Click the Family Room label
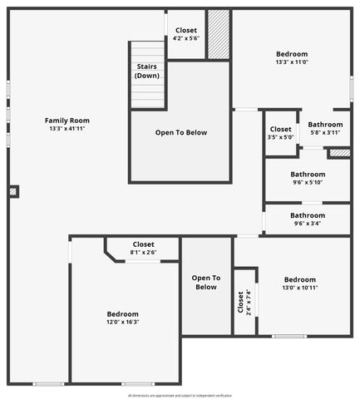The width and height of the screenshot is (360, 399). pos(67,121)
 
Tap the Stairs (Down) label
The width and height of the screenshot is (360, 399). pos(146,71)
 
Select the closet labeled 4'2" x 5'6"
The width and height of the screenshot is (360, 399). pos(185,35)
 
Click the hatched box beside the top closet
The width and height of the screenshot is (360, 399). pos(218,34)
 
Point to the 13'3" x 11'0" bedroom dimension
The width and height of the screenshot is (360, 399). pos(292,62)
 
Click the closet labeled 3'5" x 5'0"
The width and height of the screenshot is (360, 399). pos(280,133)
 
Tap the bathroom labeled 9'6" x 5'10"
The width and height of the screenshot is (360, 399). pos(308,179)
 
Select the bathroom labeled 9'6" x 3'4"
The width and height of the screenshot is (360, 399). pos(308,219)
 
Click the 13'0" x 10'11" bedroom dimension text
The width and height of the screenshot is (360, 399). pos(299,288)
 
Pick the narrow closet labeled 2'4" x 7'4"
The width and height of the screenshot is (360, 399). pos(244,301)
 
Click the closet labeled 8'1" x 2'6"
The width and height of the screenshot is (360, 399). pos(143,249)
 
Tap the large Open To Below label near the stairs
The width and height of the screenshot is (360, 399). pos(180,132)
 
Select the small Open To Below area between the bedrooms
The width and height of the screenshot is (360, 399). pos(205,283)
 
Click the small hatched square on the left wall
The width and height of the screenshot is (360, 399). pos(12,191)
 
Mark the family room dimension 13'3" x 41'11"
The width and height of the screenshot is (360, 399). pos(67,129)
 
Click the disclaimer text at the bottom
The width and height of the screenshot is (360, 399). pos(180,396)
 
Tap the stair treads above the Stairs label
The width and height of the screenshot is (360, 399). pos(146,50)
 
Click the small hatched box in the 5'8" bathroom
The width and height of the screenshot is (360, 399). pos(338,153)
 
